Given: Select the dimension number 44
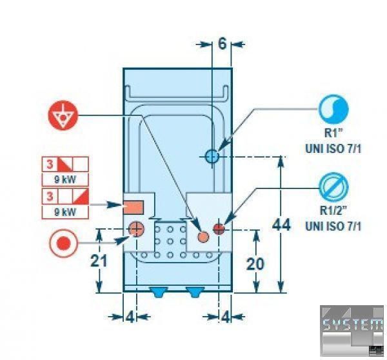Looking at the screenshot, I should click(x=282, y=225).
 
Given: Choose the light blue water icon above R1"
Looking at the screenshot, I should click(x=333, y=110).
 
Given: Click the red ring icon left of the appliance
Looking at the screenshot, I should click(x=63, y=245).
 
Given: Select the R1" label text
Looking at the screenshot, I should click(x=333, y=134).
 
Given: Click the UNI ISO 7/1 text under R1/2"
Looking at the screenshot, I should click(x=333, y=226).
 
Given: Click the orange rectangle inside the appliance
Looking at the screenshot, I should click(x=134, y=206).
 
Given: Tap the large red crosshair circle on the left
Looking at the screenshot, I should click(x=135, y=227).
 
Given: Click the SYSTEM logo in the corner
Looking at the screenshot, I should click(x=352, y=326).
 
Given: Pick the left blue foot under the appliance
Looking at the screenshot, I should click(x=157, y=291).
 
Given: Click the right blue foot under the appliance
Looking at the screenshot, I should click(x=193, y=291).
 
